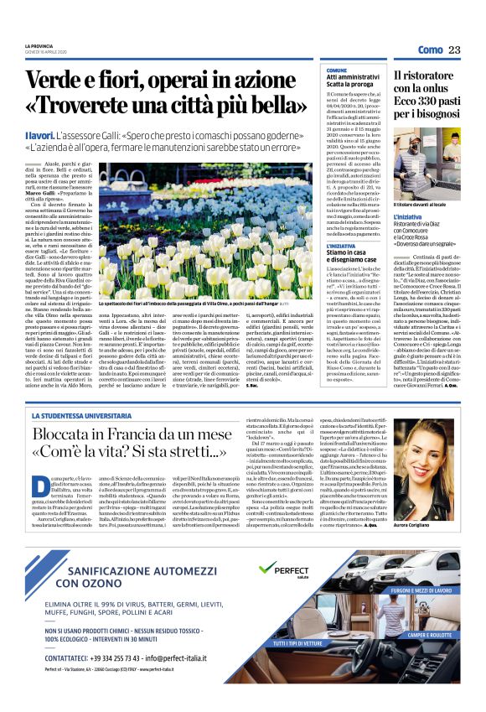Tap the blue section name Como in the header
[429, 50]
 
